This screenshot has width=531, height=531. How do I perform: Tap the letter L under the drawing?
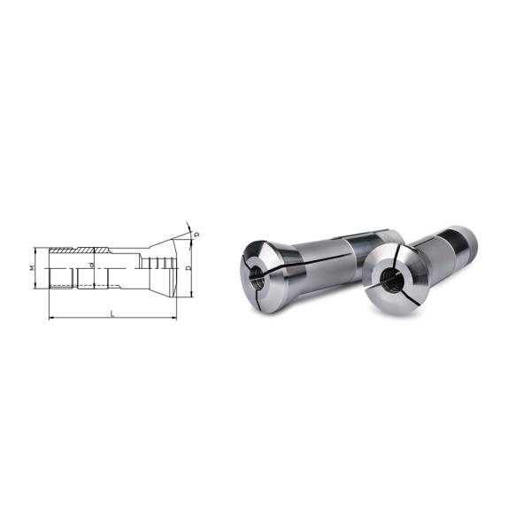tap(112, 312)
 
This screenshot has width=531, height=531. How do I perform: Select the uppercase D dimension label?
tap(189, 266)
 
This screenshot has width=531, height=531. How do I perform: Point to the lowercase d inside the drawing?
tap(92, 265)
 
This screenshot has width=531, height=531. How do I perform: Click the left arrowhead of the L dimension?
tap(50, 317)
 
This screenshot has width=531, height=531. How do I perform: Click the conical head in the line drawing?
tap(159, 265)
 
